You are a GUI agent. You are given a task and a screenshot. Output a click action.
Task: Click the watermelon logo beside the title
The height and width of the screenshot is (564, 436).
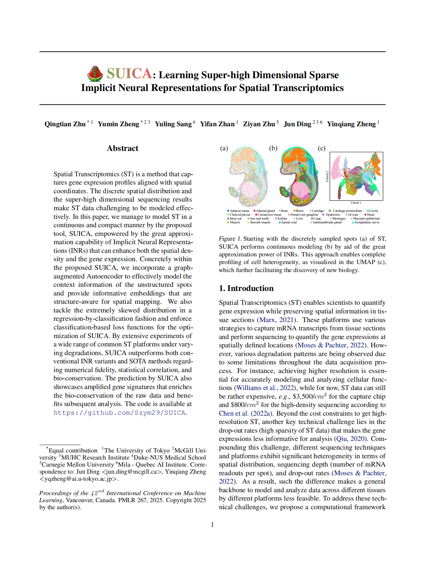click(95, 74)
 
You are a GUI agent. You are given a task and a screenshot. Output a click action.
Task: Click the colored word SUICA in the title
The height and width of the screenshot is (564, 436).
click(129, 74)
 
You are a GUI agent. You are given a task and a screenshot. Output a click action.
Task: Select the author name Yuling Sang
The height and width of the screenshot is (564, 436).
click(173, 124)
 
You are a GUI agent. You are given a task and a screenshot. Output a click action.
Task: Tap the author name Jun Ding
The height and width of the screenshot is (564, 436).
click(297, 124)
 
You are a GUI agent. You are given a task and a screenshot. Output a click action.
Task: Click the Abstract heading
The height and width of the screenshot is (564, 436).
click(122, 148)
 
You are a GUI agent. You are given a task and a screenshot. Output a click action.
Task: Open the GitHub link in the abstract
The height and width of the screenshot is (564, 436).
click(120, 413)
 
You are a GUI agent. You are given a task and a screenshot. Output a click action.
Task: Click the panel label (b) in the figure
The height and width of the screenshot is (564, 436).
click(273, 148)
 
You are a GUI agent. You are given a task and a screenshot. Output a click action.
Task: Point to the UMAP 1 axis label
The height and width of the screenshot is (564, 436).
click(356, 203)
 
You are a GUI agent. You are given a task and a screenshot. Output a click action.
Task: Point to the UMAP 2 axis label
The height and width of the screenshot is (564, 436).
click(327, 177)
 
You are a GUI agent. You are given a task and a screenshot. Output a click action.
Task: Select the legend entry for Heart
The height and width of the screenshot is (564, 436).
click(371, 215)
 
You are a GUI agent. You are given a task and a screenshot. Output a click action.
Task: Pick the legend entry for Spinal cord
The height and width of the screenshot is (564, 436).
click(289, 222)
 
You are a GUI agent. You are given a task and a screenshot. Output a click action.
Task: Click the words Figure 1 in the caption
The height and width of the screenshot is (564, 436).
click(230, 239)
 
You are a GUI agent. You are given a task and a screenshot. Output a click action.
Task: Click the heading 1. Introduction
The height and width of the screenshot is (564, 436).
click(246, 288)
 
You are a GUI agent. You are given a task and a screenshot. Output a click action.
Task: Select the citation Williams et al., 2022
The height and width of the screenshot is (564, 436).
click(265, 388)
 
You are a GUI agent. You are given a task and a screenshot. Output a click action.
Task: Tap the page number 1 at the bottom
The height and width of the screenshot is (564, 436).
click(212, 525)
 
